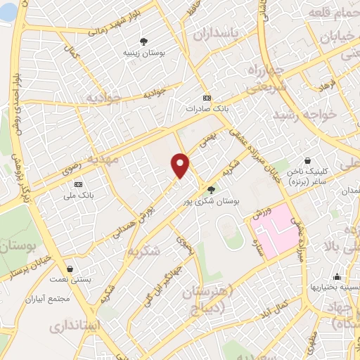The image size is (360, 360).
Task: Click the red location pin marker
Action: pyautogui.click(x=181, y=166)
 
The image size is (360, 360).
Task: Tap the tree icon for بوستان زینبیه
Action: pyautogui.click(x=144, y=41)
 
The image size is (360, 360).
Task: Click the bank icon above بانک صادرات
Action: pyautogui.click(x=206, y=98)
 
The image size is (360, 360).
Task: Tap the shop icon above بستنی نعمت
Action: pyautogui.click(x=70, y=269)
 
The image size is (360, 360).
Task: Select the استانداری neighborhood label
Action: pyautogui.click(x=77, y=326)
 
